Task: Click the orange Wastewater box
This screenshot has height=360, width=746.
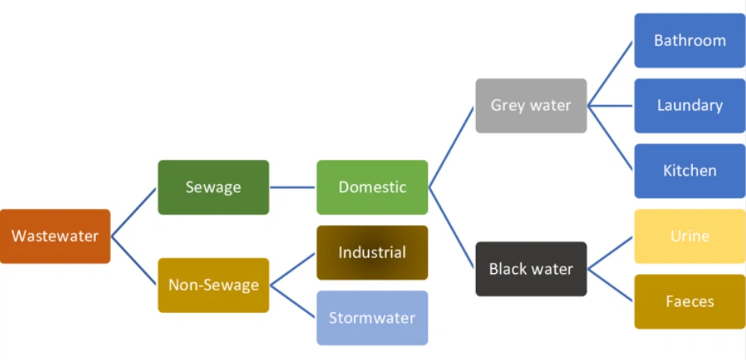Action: coord(55,237)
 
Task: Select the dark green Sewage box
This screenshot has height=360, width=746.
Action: coord(213,187)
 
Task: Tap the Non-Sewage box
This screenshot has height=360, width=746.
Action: coord(213,285)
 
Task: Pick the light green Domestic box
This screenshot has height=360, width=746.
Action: coord(372,187)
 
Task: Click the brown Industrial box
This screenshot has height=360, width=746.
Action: coord(372,253)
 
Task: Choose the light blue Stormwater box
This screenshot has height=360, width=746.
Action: coord(372,318)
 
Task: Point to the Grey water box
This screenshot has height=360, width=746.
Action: coord(531,106)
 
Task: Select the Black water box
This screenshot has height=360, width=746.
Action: coord(531,269)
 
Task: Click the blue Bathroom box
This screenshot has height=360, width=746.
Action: coord(689,40)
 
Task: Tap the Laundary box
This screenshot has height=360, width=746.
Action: coord(689,106)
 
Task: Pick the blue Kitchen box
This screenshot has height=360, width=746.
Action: coord(689,171)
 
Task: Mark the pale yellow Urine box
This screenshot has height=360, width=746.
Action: coord(689,237)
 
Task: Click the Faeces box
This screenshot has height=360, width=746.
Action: coord(689,302)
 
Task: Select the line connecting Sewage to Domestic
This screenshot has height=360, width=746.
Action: coord(293,187)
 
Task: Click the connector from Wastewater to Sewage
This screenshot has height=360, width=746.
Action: coord(134,212)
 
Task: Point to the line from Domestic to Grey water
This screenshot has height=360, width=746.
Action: coord(451,147)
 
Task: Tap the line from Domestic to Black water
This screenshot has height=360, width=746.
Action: coord(451,228)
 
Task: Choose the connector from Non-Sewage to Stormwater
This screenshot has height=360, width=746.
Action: coord(293,302)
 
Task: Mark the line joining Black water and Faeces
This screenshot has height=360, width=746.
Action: coord(611,285)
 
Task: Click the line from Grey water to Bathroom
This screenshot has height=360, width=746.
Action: coord(611,73)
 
